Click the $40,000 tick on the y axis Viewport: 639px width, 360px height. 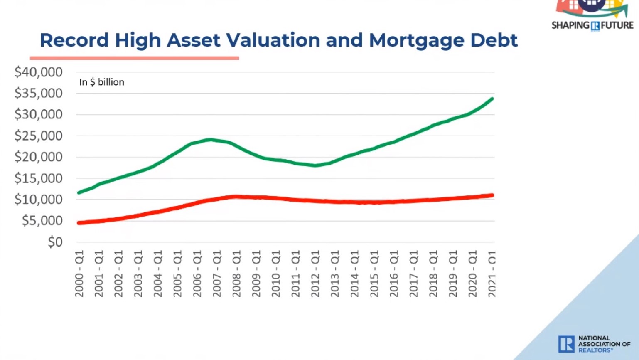[38, 72]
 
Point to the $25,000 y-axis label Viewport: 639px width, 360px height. [38, 136]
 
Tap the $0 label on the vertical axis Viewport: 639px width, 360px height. [55, 242]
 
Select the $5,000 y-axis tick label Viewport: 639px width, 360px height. [42, 221]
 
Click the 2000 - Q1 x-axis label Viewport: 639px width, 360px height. [79, 274]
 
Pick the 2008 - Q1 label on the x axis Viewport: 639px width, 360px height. [236, 274]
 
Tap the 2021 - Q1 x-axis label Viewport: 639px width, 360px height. [492, 274]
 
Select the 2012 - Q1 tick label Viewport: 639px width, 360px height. [315, 274]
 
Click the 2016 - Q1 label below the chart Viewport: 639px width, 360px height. [394, 274]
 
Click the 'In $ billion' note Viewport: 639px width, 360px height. [102, 82]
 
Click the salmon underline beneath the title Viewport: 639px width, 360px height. [134, 58]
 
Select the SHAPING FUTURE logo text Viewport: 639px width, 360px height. [592, 25]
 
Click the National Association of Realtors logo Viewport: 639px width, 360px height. [594, 344]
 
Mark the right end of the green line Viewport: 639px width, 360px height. [492, 99]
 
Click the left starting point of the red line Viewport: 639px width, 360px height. [79, 223]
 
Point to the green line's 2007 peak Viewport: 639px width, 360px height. [211, 140]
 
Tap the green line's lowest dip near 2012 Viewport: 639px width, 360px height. [315, 165]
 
